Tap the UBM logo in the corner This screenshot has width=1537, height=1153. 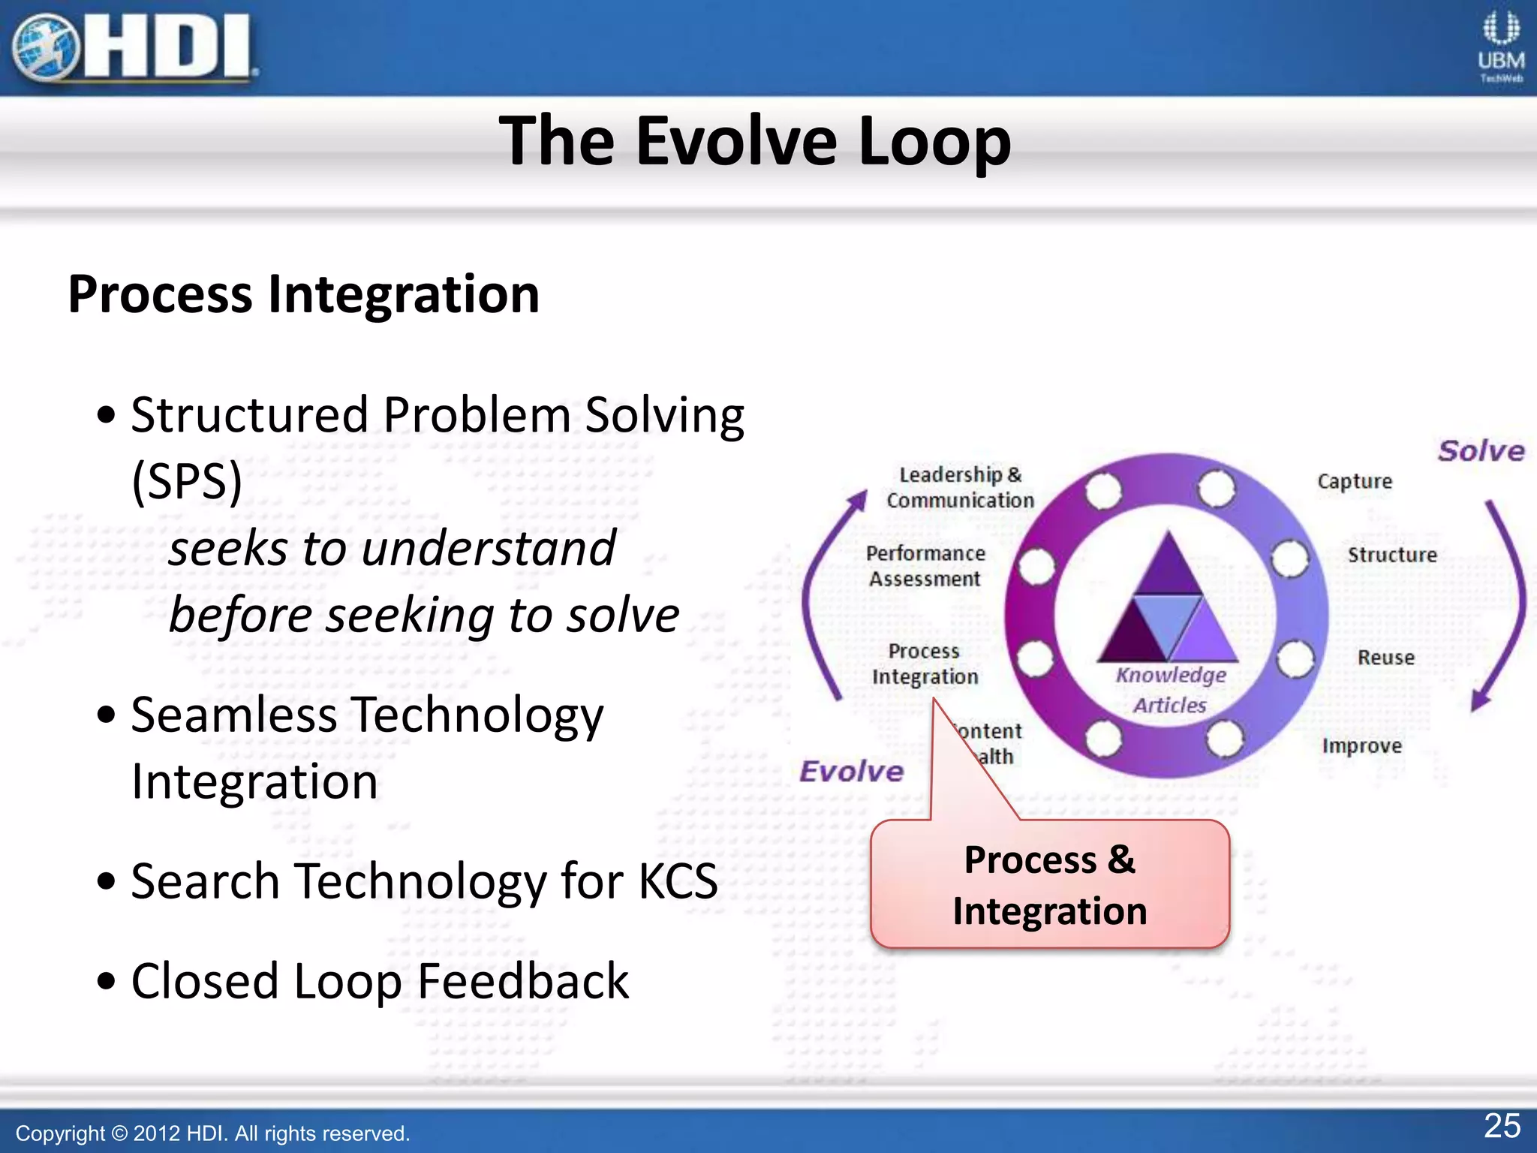pos(1500,47)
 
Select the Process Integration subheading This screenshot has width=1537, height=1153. pos(303,294)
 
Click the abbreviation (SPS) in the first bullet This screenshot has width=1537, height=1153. pos(187,481)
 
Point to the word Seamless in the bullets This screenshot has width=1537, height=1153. pos(233,715)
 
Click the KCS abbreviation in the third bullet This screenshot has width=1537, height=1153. pos(677,881)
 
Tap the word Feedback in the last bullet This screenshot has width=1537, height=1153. pos(522,981)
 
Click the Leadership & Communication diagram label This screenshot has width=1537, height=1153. pos(960,488)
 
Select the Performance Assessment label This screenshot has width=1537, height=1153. pos(925,566)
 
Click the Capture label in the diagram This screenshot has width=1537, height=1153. pos(1354,481)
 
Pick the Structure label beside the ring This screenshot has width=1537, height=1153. pos(1391,555)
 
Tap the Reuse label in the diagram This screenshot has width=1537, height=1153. pos(1385,658)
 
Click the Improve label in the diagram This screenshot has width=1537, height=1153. pos(1361,745)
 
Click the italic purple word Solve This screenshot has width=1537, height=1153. pos(1480,451)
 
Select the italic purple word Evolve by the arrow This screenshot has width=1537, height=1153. pos(851,772)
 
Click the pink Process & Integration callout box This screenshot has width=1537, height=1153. pos(1049,884)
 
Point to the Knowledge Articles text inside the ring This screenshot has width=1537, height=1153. pos(1170,689)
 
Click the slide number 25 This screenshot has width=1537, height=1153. pos(1502,1126)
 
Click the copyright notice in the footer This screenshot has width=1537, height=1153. pos(212,1133)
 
